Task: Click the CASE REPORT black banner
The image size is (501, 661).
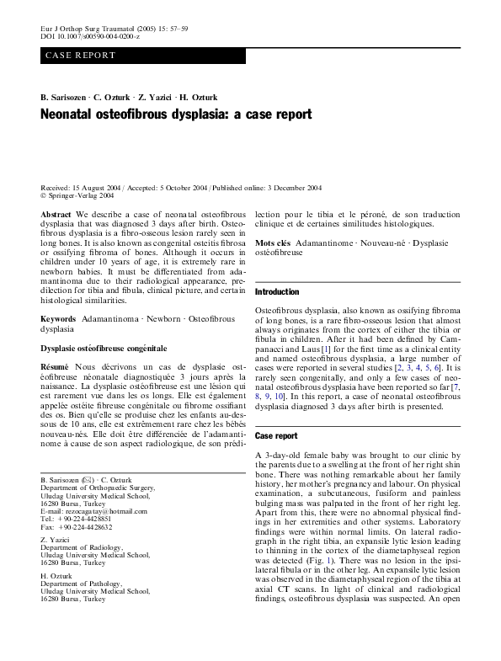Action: click(143, 56)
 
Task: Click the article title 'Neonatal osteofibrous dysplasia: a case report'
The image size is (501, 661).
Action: click(176, 114)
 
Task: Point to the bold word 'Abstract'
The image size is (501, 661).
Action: click(56, 216)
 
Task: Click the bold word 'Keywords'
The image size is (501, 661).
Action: click(58, 320)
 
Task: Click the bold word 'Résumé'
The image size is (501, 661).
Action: click(56, 367)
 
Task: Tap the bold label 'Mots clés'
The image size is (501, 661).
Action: click(272, 243)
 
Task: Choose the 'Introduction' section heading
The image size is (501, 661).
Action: click(276, 291)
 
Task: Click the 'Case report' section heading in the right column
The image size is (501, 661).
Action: click(276, 436)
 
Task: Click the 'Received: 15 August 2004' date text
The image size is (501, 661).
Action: click(88, 186)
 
